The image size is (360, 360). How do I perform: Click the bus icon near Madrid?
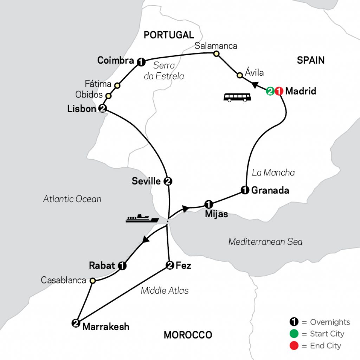237,97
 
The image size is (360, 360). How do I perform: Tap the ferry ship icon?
142,218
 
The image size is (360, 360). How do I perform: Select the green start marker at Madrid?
270,91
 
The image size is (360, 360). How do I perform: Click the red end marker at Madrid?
278,91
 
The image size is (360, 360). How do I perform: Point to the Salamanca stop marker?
216,54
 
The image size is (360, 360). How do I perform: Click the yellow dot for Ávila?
239,75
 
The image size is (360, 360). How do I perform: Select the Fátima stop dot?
117,85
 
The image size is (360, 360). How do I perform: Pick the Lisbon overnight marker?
102,109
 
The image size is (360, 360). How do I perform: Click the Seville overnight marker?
168,181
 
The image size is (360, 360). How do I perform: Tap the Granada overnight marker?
245,190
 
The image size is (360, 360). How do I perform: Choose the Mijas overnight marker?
208,204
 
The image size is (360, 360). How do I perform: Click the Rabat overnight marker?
122,266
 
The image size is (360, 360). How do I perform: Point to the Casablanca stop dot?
92,281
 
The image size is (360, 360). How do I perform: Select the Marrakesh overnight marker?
76,323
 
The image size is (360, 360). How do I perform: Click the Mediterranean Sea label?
265,242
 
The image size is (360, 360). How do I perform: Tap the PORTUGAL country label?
169,35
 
